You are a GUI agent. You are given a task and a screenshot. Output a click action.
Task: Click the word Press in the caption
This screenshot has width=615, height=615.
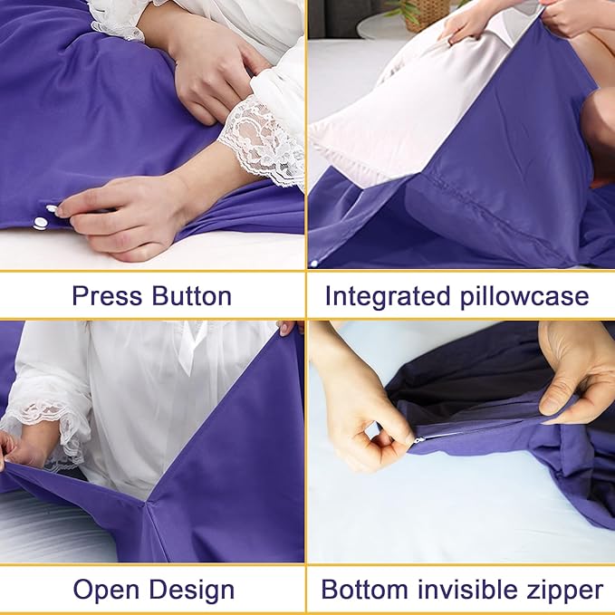108,296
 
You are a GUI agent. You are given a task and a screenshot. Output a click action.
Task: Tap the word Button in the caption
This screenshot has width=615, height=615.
189,296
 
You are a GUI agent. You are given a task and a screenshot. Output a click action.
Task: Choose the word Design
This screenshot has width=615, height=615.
193,591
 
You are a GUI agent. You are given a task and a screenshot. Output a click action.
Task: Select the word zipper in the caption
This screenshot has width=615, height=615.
564,591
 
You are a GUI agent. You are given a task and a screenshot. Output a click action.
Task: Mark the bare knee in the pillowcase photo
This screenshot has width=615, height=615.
599,136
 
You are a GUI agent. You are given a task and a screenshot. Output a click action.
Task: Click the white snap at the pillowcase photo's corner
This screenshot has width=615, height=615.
313,264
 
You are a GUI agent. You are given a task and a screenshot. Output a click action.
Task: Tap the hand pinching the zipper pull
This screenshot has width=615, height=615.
362,426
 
